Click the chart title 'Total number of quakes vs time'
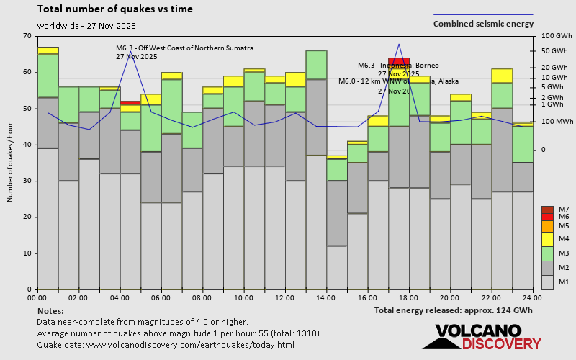point(125,9)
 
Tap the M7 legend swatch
point(548,210)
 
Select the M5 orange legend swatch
point(548,226)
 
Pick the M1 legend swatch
point(548,282)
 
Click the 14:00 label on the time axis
point(326,297)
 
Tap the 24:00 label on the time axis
point(532,297)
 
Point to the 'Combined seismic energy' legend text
point(483,24)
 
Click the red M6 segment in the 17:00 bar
point(399,61)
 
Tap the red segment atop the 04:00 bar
point(130,103)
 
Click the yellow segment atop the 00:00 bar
point(48,50)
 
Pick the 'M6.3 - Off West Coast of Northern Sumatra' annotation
point(184,48)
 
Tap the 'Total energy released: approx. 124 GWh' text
point(454,310)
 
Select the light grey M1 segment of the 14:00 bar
point(337,267)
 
